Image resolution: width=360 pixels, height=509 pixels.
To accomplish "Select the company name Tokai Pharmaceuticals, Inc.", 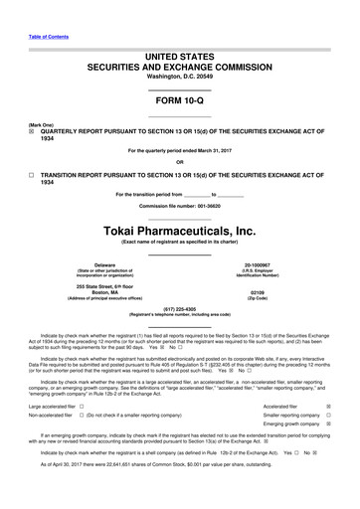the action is (x=179, y=229).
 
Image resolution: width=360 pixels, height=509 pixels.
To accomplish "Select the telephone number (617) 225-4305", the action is (x=179, y=308).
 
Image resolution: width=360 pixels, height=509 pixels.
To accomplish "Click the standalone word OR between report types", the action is (x=179, y=163).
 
